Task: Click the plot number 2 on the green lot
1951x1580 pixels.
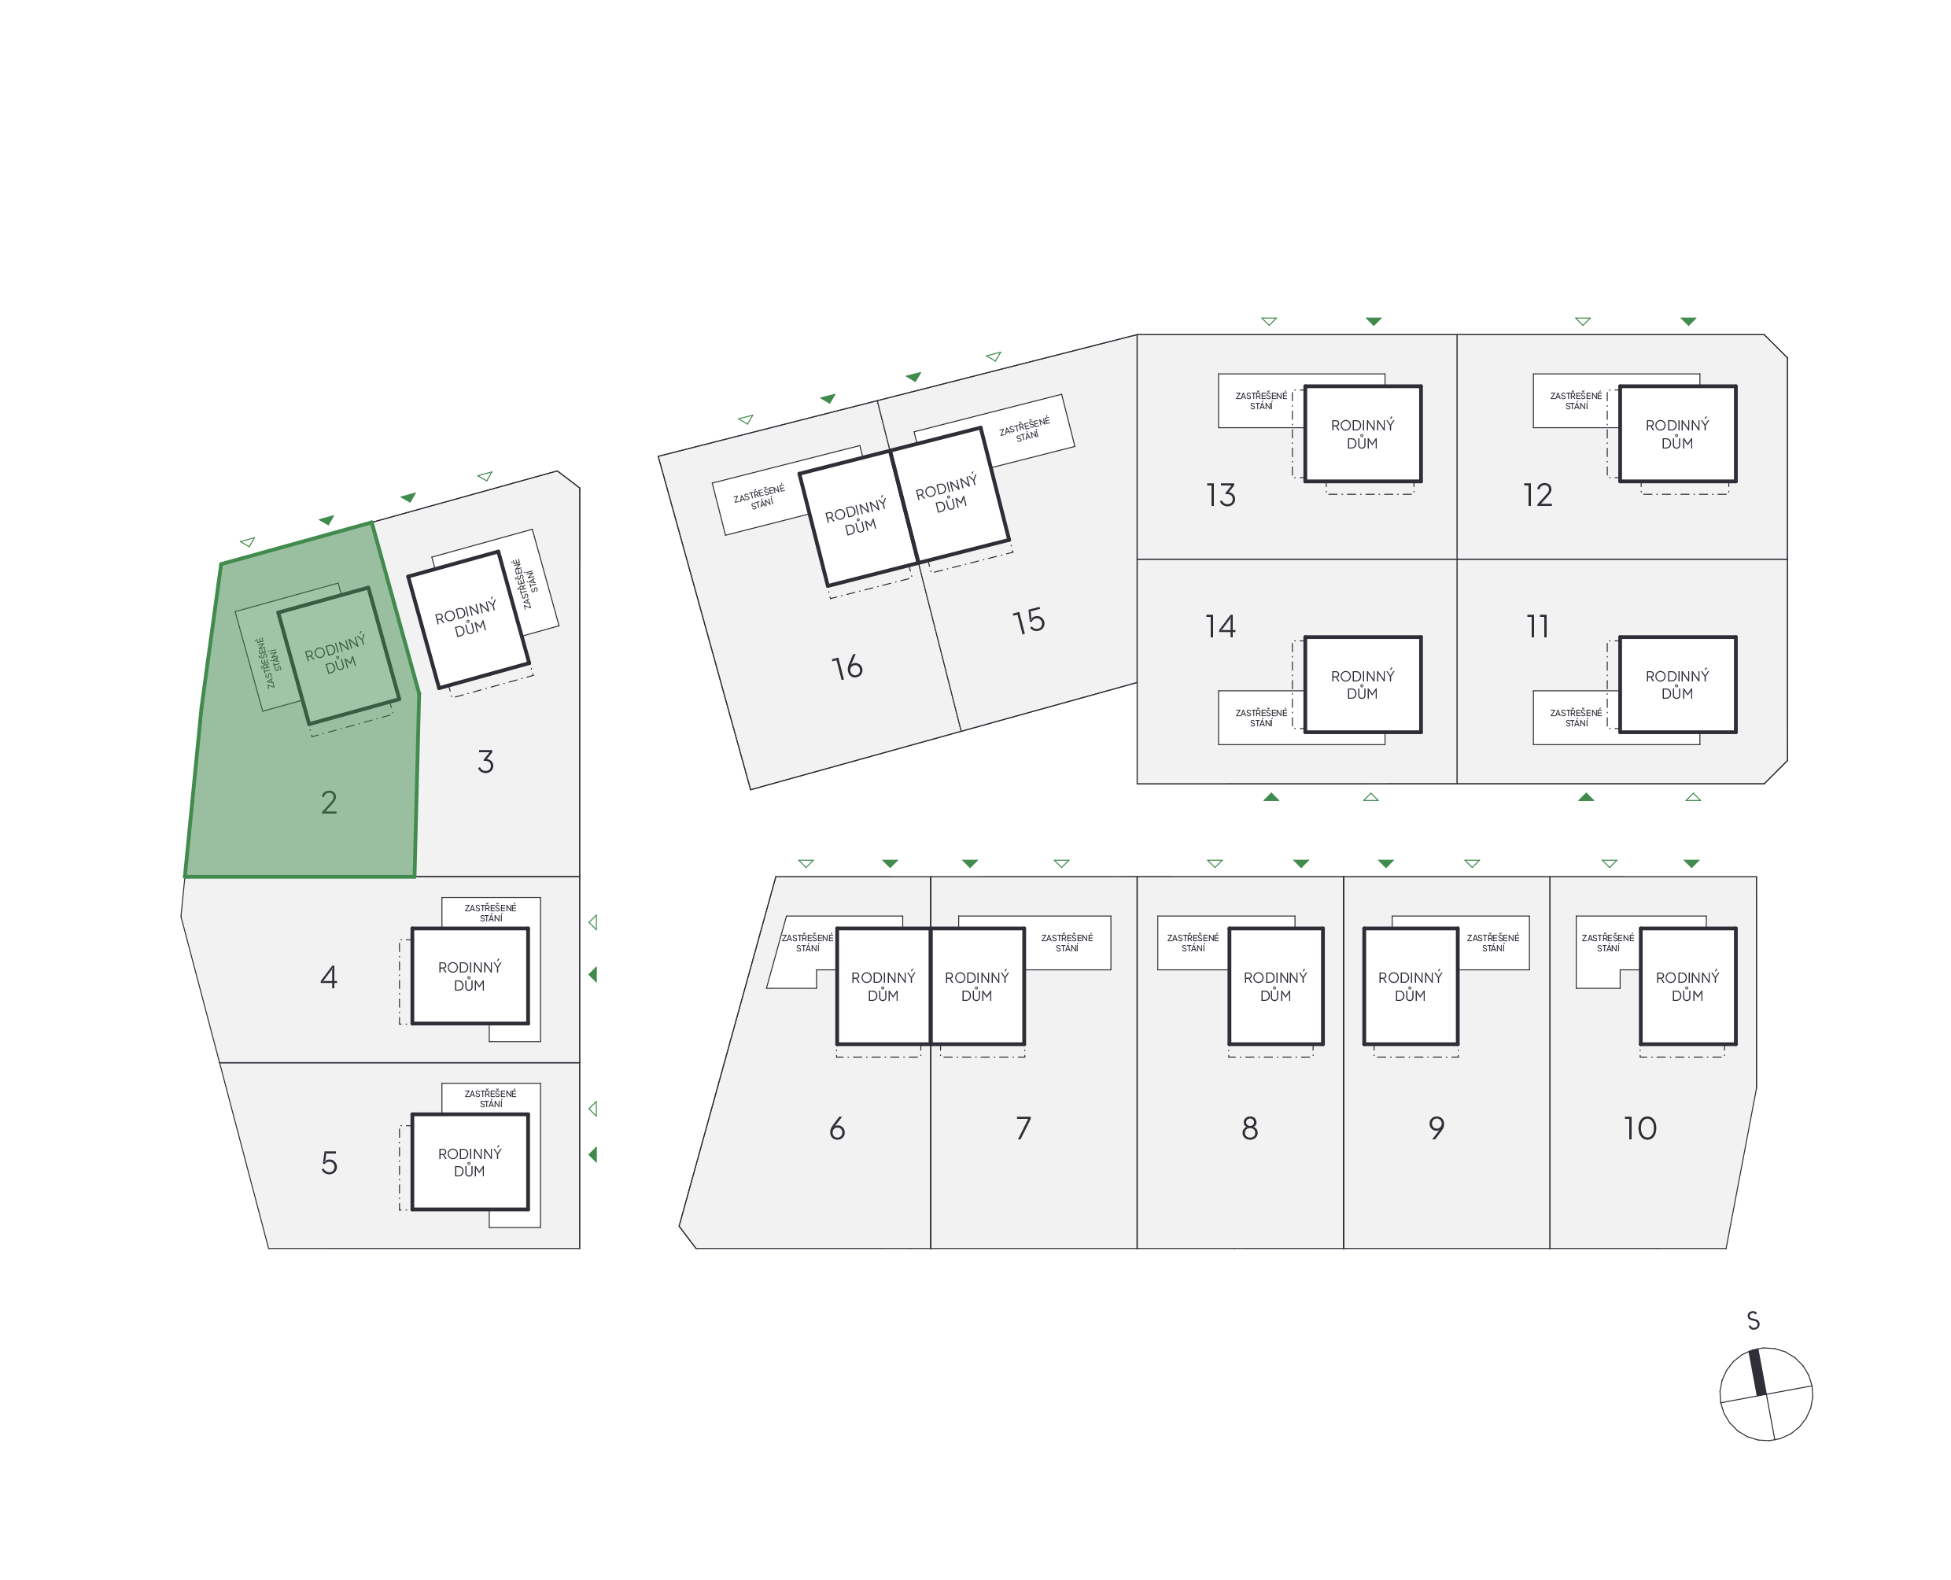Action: tap(329, 802)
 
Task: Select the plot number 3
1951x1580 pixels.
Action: tap(485, 761)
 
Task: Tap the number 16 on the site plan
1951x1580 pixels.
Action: tap(846, 667)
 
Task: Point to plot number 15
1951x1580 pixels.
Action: tap(1028, 621)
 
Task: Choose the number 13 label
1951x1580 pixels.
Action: tap(1220, 495)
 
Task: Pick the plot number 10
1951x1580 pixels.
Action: tap(1639, 1128)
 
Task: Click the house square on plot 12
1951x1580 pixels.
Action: tap(1677, 434)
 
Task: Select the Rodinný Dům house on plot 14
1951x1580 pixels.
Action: tap(1363, 685)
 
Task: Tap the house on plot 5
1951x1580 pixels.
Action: tap(470, 1162)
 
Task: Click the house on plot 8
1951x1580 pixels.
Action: tap(1275, 986)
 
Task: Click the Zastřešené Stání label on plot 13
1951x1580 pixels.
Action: tap(1260, 401)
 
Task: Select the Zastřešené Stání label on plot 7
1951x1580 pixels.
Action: tap(1067, 942)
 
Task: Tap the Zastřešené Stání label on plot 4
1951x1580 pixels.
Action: tap(490, 912)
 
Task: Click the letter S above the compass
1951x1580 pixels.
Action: tap(1753, 1320)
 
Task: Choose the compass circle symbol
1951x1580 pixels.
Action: tap(1765, 1394)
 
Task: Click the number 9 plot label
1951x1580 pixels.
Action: tap(1436, 1128)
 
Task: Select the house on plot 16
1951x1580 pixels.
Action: tap(856, 517)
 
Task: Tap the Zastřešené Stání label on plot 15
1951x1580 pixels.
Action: tap(1024, 429)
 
